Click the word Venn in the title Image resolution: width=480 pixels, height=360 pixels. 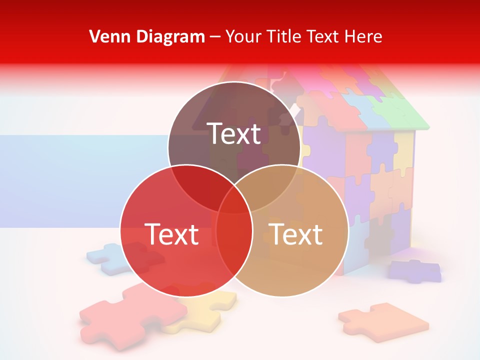(106, 36)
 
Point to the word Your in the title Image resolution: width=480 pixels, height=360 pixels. (242, 36)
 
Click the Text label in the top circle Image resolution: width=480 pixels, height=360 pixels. (234, 133)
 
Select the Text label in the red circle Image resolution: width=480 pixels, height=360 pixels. (171, 234)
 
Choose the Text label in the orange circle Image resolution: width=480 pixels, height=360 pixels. (295, 234)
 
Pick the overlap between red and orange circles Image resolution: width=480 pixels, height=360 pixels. (234, 240)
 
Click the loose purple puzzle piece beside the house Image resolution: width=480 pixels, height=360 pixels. (415, 270)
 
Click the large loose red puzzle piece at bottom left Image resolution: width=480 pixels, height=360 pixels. (120, 315)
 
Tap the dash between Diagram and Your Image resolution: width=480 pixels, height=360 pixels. (215, 36)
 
